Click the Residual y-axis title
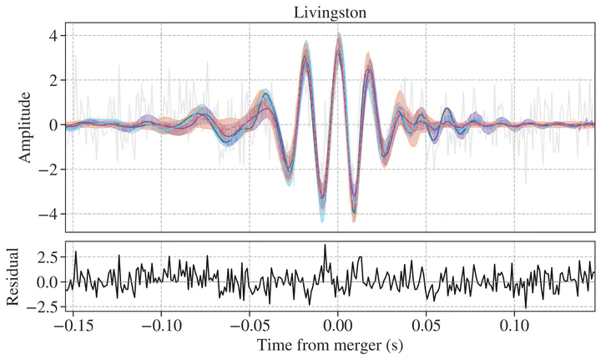(11, 280)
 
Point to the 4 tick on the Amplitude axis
(51, 36)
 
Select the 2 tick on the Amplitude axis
(51, 80)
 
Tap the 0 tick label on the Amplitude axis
(51, 125)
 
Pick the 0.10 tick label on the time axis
(516, 325)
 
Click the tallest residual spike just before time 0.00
(325, 246)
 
